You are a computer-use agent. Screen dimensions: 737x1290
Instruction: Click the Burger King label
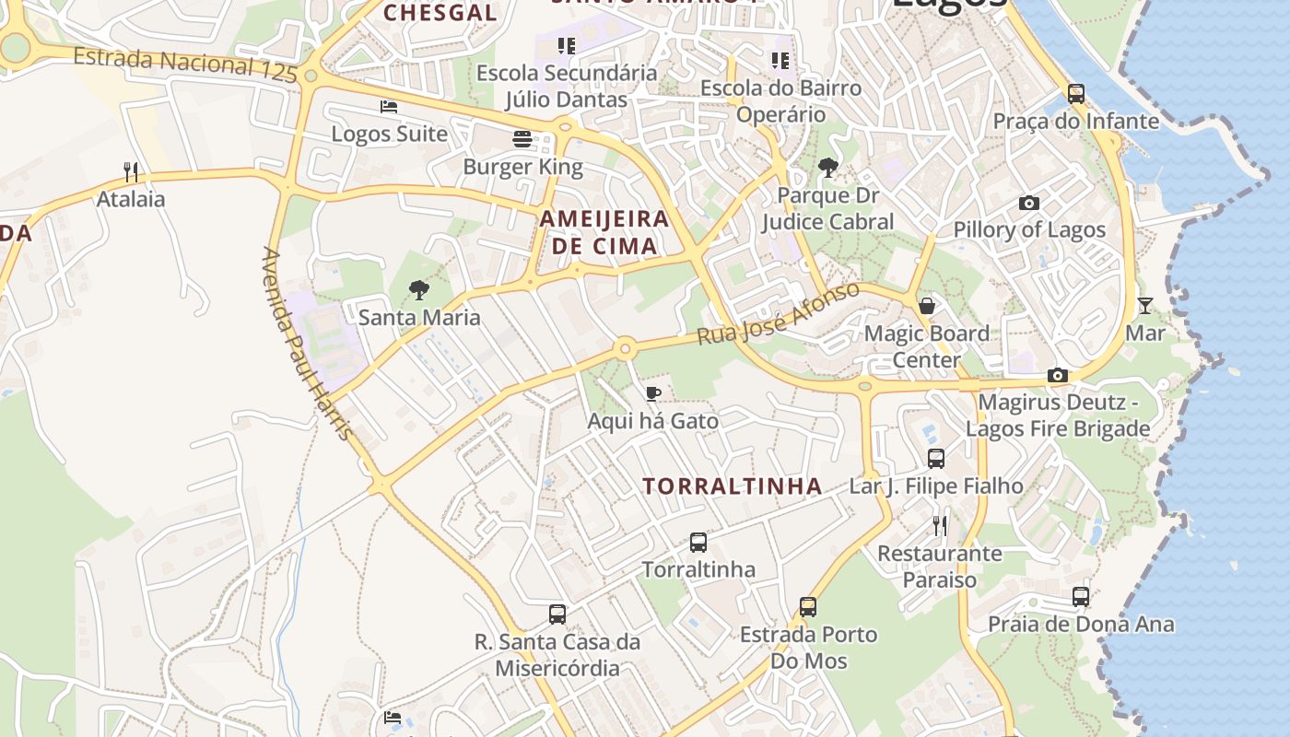522,167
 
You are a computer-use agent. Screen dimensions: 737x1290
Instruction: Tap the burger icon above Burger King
522,139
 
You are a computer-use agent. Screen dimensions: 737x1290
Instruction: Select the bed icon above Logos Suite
389,107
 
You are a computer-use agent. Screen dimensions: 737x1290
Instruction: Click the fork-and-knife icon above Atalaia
131,171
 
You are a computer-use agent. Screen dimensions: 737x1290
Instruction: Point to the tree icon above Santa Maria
419,290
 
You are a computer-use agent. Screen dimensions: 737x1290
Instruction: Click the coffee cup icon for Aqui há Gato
653,394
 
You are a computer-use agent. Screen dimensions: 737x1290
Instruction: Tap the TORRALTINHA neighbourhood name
732,486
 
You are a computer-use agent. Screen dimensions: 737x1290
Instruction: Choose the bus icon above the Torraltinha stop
698,543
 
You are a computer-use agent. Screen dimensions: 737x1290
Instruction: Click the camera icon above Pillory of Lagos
1029,203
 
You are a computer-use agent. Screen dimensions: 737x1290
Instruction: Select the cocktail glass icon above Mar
1145,306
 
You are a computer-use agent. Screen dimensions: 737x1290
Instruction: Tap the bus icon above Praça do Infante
1075,93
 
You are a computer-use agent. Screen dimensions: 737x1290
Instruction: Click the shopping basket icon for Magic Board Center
927,306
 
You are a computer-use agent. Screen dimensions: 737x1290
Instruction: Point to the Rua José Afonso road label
779,314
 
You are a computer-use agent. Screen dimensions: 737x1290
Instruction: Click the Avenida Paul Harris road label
307,343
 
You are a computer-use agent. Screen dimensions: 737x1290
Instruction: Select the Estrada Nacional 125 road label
185,64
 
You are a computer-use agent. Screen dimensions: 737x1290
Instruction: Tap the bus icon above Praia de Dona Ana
1081,597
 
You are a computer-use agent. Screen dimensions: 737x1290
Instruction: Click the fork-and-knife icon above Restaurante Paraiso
940,526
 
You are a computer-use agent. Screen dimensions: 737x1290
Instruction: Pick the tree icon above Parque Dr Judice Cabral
828,168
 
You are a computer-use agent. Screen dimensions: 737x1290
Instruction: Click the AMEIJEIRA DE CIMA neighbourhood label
604,232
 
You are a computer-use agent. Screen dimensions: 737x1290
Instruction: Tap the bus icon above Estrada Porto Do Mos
808,607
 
